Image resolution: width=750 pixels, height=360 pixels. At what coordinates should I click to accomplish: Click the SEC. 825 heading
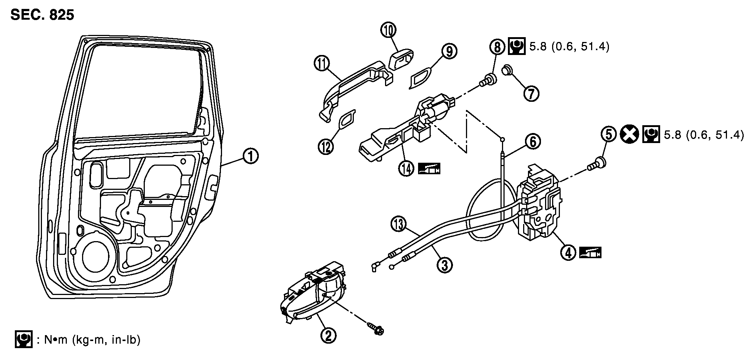tap(42, 15)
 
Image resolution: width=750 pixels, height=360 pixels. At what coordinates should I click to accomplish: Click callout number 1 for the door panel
tap(251, 156)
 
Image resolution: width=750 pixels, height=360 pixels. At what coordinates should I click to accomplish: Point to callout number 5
tap(609, 134)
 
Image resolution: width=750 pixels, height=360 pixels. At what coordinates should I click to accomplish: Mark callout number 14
tap(407, 169)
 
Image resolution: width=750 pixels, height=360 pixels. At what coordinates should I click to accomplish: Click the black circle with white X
tap(629, 134)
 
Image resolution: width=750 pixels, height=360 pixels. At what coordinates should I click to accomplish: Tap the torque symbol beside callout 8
tap(516, 46)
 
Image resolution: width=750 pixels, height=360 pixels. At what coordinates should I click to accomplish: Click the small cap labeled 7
tap(508, 70)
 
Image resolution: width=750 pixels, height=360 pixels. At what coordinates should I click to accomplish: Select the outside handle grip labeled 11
tap(353, 85)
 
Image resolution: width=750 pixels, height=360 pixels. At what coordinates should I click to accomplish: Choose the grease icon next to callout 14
tap(429, 169)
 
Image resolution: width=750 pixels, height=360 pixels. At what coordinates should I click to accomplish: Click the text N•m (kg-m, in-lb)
tap(89, 340)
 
